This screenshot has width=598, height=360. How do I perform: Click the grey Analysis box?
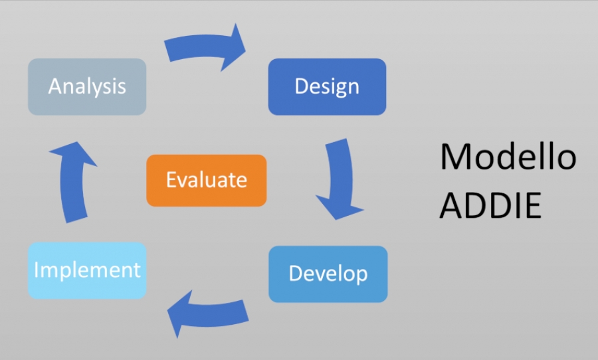pyautogui.click(x=87, y=86)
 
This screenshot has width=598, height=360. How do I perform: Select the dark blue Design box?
pyautogui.click(x=327, y=86)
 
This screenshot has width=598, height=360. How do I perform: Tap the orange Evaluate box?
pyautogui.click(x=207, y=181)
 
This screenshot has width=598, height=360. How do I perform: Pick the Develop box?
pyautogui.click(x=328, y=274)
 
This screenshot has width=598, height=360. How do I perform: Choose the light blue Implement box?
pyautogui.click(x=87, y=270)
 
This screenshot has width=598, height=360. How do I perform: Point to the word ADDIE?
pyautogui.click(x=490, y=205)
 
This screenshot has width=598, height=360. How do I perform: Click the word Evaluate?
pyautogui.click(x=207, y=179)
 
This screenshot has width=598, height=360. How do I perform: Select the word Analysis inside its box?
pyautogui.click(x=87, y=86)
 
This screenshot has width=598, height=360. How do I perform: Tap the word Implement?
pyautogui.click(x=87, y=270)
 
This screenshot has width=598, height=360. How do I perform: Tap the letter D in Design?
pyautogui.click(x=301, y=86)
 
